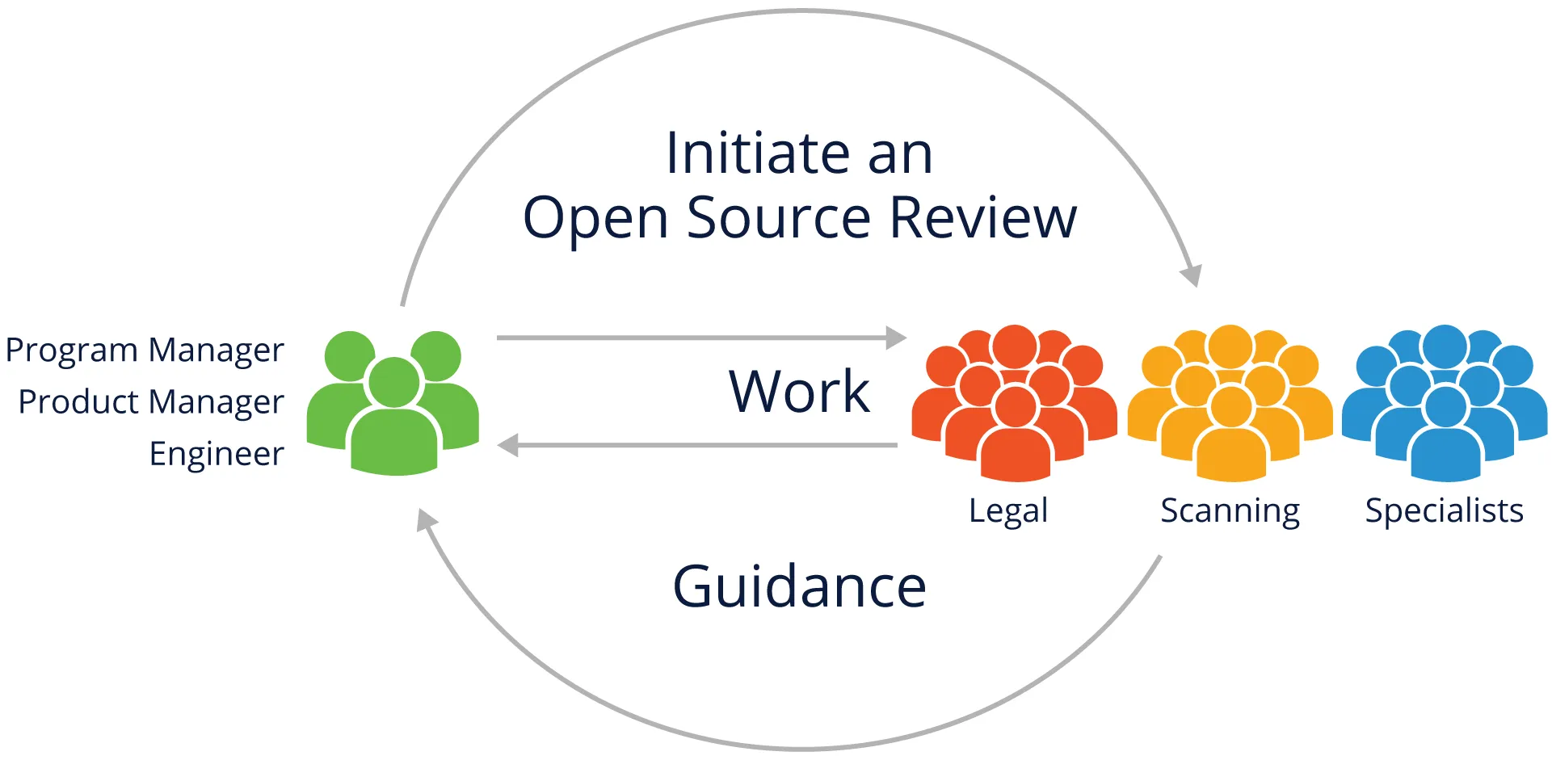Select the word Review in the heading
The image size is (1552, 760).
[x=983, y=217]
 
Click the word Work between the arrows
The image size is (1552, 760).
[x=799, y=392]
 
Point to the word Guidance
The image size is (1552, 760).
[x=799, y=586]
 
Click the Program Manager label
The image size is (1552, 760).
[x=145, y=351]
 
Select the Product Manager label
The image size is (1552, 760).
[x=151, y=401]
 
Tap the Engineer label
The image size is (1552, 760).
[x=217, y=454]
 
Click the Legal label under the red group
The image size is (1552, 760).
[x=1008, y=510]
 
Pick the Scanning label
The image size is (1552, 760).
[x=1230, y=511]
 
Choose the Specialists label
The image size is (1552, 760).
[x=1444, y=510]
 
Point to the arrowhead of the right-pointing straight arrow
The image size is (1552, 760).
[x=896, y=338]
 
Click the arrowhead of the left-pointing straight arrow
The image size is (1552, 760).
[x=508, y=445]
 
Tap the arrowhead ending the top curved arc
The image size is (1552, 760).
[x=1191, y=275]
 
